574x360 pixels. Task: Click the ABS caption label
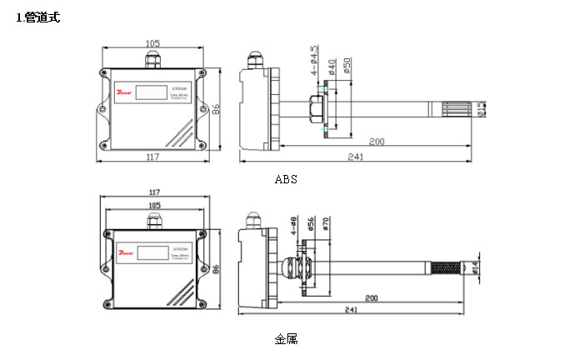coord(286,179)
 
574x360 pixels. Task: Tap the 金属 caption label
coord(286,338)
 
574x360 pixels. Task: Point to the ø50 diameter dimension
coord(347,67)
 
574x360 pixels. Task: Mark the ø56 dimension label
coord(311,225)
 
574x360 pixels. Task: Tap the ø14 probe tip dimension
coord(476,267)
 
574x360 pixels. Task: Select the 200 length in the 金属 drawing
coord(372,297)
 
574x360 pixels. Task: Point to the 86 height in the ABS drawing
coord(215,108)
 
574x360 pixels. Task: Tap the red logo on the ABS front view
coord(124,87)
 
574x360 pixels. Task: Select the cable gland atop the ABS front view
coord(152,59)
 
